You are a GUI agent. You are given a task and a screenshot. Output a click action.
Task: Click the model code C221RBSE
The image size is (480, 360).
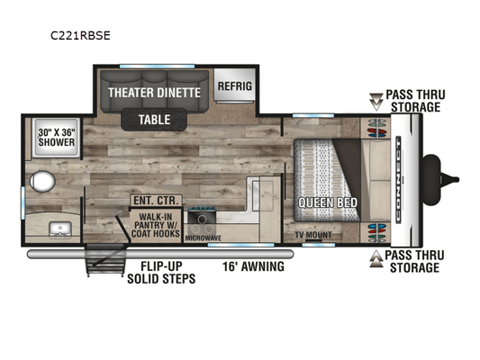pyautogui.click(x=80, y=36)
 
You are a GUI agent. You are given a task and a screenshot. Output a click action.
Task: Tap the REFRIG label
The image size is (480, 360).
pyautogui.click(x=235, y=85)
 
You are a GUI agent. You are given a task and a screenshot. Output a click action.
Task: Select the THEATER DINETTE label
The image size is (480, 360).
pyautogui.click(x=154, y=93)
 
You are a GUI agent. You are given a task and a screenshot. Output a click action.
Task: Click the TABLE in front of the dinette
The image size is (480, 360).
pyautogui.click(x=154, y=120)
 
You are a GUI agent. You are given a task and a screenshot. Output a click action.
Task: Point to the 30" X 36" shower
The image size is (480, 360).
pyautogui.click(x=57, y=138)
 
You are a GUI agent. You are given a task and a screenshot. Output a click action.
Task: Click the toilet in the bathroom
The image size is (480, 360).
pyautogui.click(x=42, y=182)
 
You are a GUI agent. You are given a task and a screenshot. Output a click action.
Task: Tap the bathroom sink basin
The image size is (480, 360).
pyautogui.click(x=60, y=229)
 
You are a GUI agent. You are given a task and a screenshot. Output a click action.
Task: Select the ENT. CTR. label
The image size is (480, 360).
pyautogui.click(x=156, y=201)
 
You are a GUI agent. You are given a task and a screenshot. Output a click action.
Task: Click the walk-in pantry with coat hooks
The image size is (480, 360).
pyautogui.click(x=155, y=225)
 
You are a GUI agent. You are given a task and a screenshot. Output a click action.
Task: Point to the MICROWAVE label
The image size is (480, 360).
pyautogui.click(x=203, y=238)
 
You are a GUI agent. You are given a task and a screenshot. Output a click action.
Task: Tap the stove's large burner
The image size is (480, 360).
pyautogui.click(x=202, y=219)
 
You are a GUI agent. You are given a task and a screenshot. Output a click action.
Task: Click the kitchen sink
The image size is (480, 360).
pyautogui.click(x=263, y=195)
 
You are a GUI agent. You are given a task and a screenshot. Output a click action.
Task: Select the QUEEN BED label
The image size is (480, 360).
pyautogui.click(x=328, y=202)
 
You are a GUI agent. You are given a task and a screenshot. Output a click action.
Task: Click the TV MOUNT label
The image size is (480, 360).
pyautogui.click(x=313, y=235)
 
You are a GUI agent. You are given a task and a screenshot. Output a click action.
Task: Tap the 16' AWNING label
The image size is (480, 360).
pyautogui.click(x=253, y=266)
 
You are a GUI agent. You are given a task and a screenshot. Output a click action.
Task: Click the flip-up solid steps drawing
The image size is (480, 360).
pyautogui.click(x=106, y=260)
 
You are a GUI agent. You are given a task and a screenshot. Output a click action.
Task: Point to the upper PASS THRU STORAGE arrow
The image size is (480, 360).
pyautogui.click(x=376, y=102)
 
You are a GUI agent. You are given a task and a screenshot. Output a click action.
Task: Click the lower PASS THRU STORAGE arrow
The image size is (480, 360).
pyautogui.click(x=376, y=259)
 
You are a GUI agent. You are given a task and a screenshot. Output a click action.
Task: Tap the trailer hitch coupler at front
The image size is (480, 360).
pyautogui.click(x=440, y=180)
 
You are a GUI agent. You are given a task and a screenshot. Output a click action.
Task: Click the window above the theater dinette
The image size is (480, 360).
pyautogui.click(x=157, y=67)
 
